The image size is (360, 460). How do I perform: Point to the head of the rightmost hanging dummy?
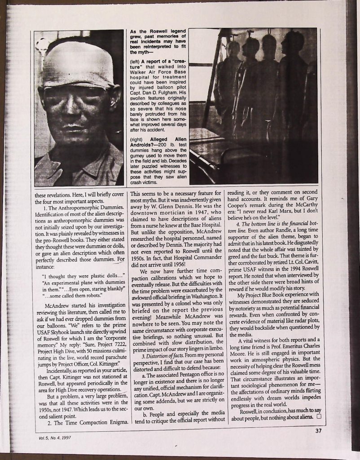click(x=294, y=43)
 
